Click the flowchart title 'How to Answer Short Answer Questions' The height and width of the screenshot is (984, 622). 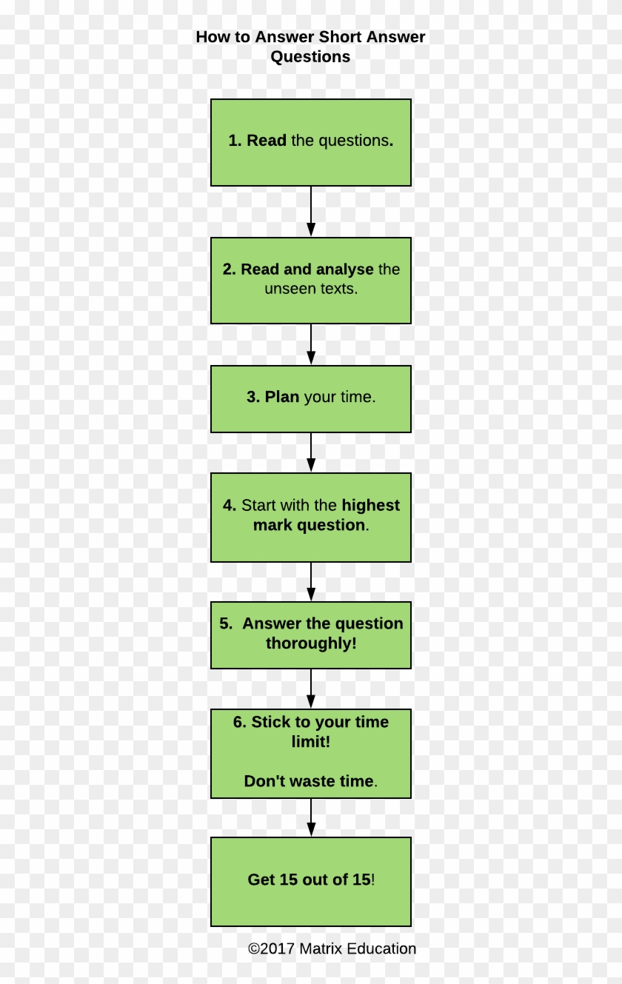pos(310,47)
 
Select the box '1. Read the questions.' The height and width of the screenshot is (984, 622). pos(310,142)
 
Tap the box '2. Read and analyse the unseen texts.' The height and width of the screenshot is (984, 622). pos(310,280)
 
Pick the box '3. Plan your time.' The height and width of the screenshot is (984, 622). pos(310,398)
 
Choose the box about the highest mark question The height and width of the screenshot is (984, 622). pos(310,517)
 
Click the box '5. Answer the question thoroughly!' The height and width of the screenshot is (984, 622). pos(310,635)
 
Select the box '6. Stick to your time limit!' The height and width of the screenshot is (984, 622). pos(310,753)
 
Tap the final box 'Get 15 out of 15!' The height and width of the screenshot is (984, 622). pos(310,881)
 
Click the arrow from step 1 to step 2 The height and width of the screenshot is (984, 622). pos(310,212)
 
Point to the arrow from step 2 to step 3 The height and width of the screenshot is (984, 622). pos(310,344)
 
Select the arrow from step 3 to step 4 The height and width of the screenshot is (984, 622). pos(310,452)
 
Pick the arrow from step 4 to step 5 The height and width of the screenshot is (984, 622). pos(310,581)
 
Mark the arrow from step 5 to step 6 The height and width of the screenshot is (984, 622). pos(310,689)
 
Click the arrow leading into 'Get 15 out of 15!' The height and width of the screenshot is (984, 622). pos(310,817)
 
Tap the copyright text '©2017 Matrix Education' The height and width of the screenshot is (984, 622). pos(332,948)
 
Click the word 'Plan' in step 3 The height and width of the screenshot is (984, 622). pos(281,397)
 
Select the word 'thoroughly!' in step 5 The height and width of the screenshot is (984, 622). pos(311,643)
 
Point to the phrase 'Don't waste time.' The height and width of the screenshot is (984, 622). pos(310,781)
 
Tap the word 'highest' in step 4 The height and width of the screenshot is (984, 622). pos(370,506)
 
